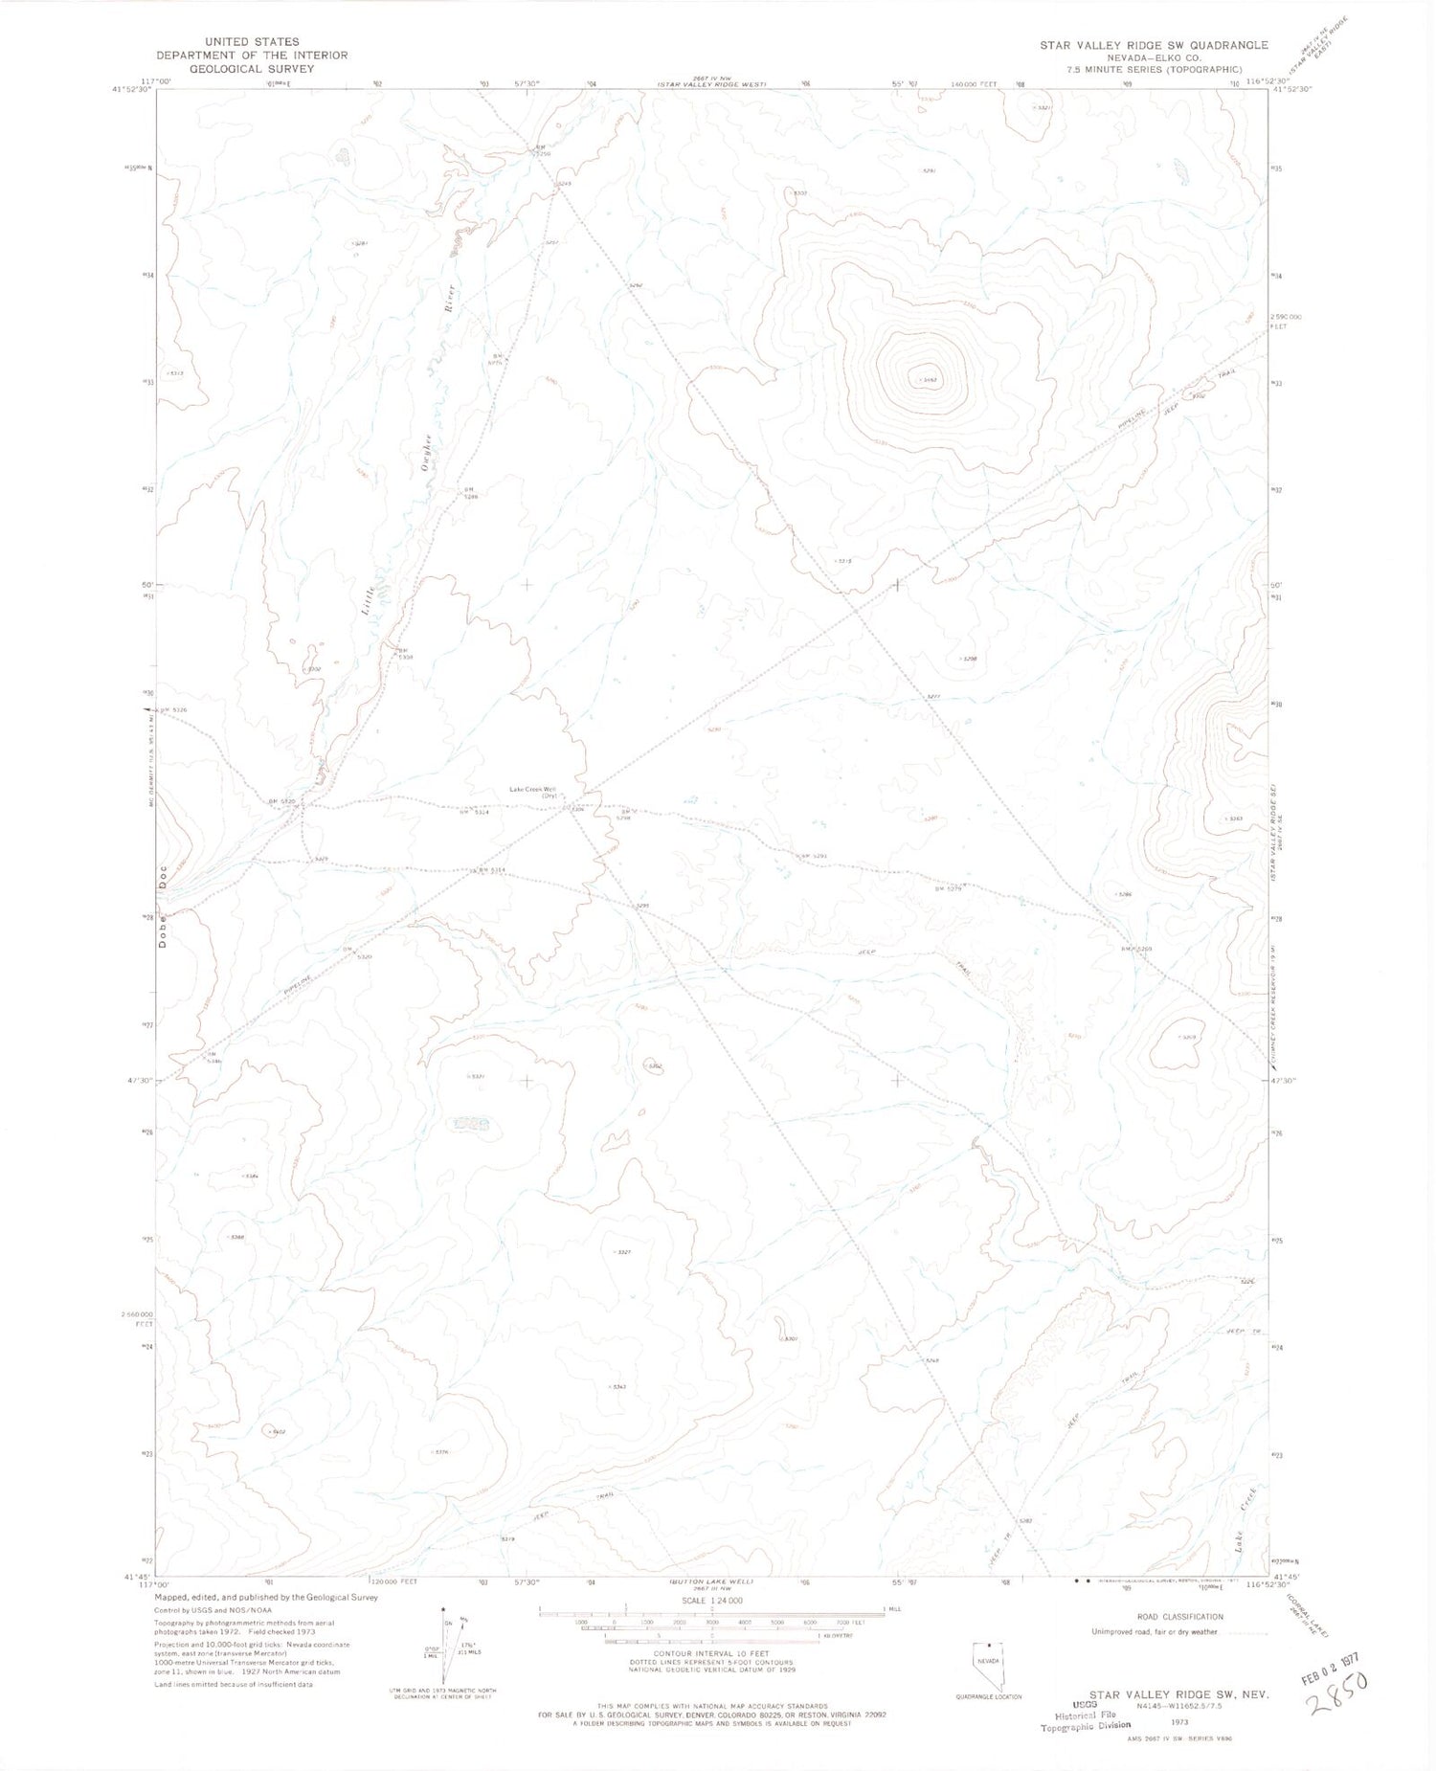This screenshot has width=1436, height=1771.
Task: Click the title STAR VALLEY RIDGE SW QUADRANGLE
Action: click(1155, 45)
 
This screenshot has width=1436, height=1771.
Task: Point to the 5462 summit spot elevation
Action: click(926, 380)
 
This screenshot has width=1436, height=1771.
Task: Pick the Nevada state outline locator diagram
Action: click(988, 1667)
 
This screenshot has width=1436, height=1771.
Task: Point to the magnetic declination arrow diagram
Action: click(441, 1659)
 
